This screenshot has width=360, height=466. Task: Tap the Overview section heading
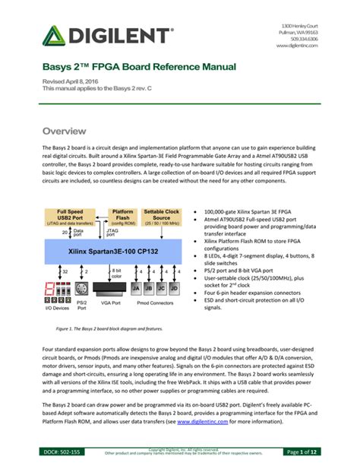point(69,132)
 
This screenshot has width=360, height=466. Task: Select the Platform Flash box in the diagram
point(123,218)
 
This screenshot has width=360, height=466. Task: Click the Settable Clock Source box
point(162,218)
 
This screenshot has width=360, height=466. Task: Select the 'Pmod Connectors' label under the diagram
point(157,307)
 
